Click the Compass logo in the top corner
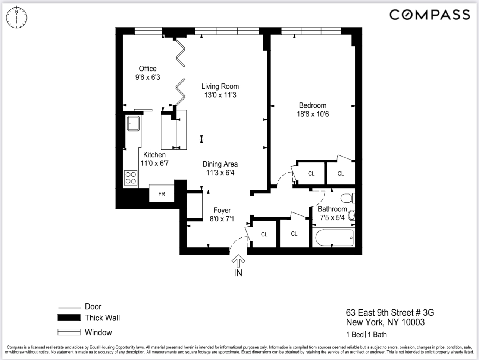[429, 15]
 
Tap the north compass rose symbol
[17, 17]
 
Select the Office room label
[148, 69]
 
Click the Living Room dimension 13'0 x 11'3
[220, 95]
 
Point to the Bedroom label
[313, 105]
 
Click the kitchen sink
[133, 123]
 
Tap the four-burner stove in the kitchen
[131, 178]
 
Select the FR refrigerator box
[162, 194]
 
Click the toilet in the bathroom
[347, 198]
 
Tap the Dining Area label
[220, 164]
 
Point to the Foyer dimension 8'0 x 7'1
[222, 219]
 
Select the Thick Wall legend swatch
[69, 318]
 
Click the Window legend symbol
[69, 332]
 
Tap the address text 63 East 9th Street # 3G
[390, 312]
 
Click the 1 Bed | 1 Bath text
[366, 334]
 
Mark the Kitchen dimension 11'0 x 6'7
[154, 163]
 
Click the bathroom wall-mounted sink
[351, 215]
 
